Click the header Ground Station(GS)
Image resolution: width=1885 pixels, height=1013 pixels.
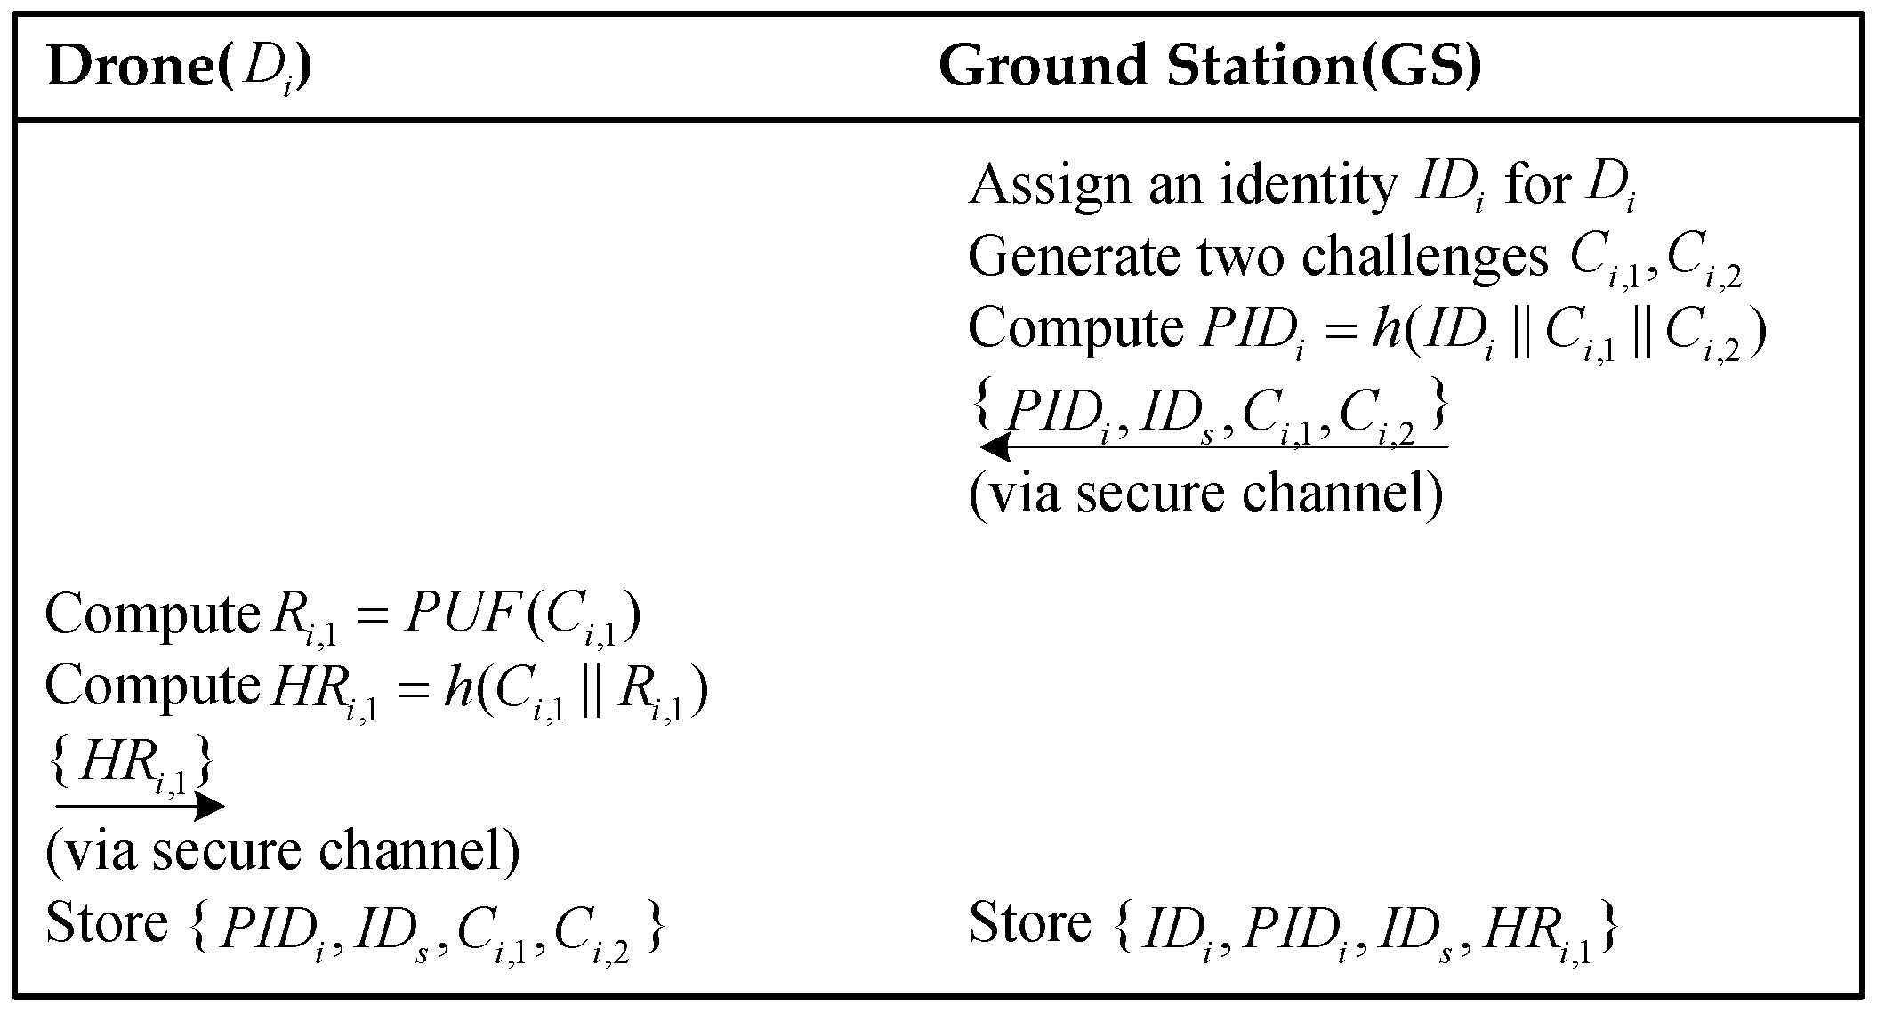tap(1210, 67)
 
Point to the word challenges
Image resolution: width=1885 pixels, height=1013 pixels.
tap(1424, 257)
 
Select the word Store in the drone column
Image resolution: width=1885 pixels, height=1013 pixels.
tap(107, 922)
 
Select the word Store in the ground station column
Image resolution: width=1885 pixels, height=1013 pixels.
tap(1030, 922)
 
